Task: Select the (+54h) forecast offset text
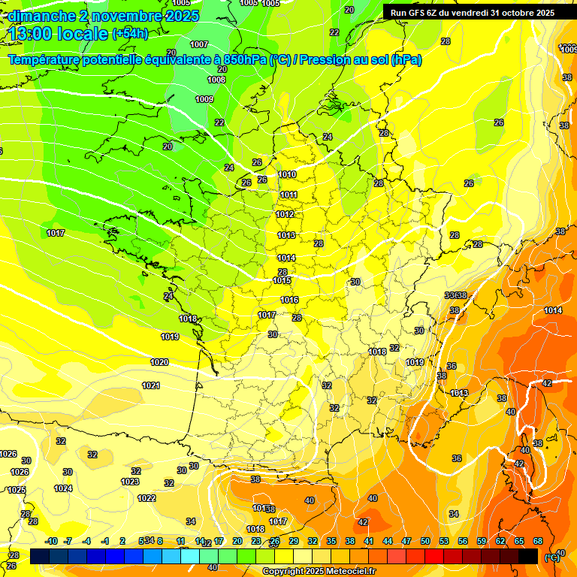(x=130, y=33)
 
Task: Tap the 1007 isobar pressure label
(x=199, y=44)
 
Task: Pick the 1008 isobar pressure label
(x=216, y=80)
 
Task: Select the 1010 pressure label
(x=287, y=174)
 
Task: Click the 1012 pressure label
(x=285, y=214)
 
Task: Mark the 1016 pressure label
(x=289, y=300)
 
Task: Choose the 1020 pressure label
(x=159, y=362)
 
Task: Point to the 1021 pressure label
(x=151, y=385)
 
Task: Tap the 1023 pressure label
(x=130, y=482)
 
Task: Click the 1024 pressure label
(x=63, y=488)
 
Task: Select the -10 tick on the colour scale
(x=51, y=542)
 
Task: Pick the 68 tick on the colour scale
(x=538, y=542)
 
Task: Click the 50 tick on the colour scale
(x=425, y=542)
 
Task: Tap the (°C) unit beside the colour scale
(x=552, y=557)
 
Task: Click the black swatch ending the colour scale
(x=528, y=556)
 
